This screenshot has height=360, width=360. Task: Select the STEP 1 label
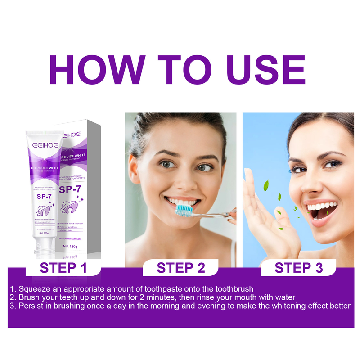(x=63, y=268)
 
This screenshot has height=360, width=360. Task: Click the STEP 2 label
(x=181, y=268)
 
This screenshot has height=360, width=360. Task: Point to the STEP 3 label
(x=299, y=268)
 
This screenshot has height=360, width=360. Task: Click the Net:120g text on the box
(x=71, y=247)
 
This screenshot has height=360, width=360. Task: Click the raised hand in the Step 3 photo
(x=265, y=211)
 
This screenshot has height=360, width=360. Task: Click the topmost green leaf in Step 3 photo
(x=266, y=184)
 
